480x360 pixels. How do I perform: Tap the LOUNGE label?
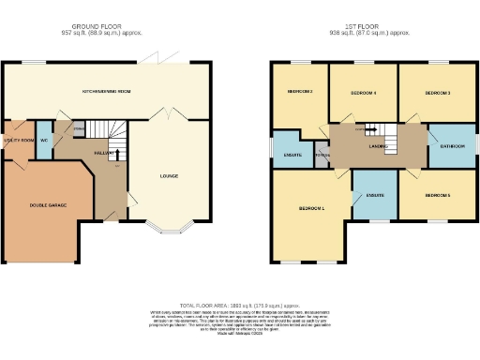169,175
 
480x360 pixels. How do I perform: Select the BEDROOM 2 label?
298,92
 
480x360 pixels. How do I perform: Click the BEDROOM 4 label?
363,93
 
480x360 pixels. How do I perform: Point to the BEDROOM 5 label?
438,195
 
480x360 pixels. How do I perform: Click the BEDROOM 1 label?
312,207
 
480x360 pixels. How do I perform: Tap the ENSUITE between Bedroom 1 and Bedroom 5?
374,194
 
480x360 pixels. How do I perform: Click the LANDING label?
379,146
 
